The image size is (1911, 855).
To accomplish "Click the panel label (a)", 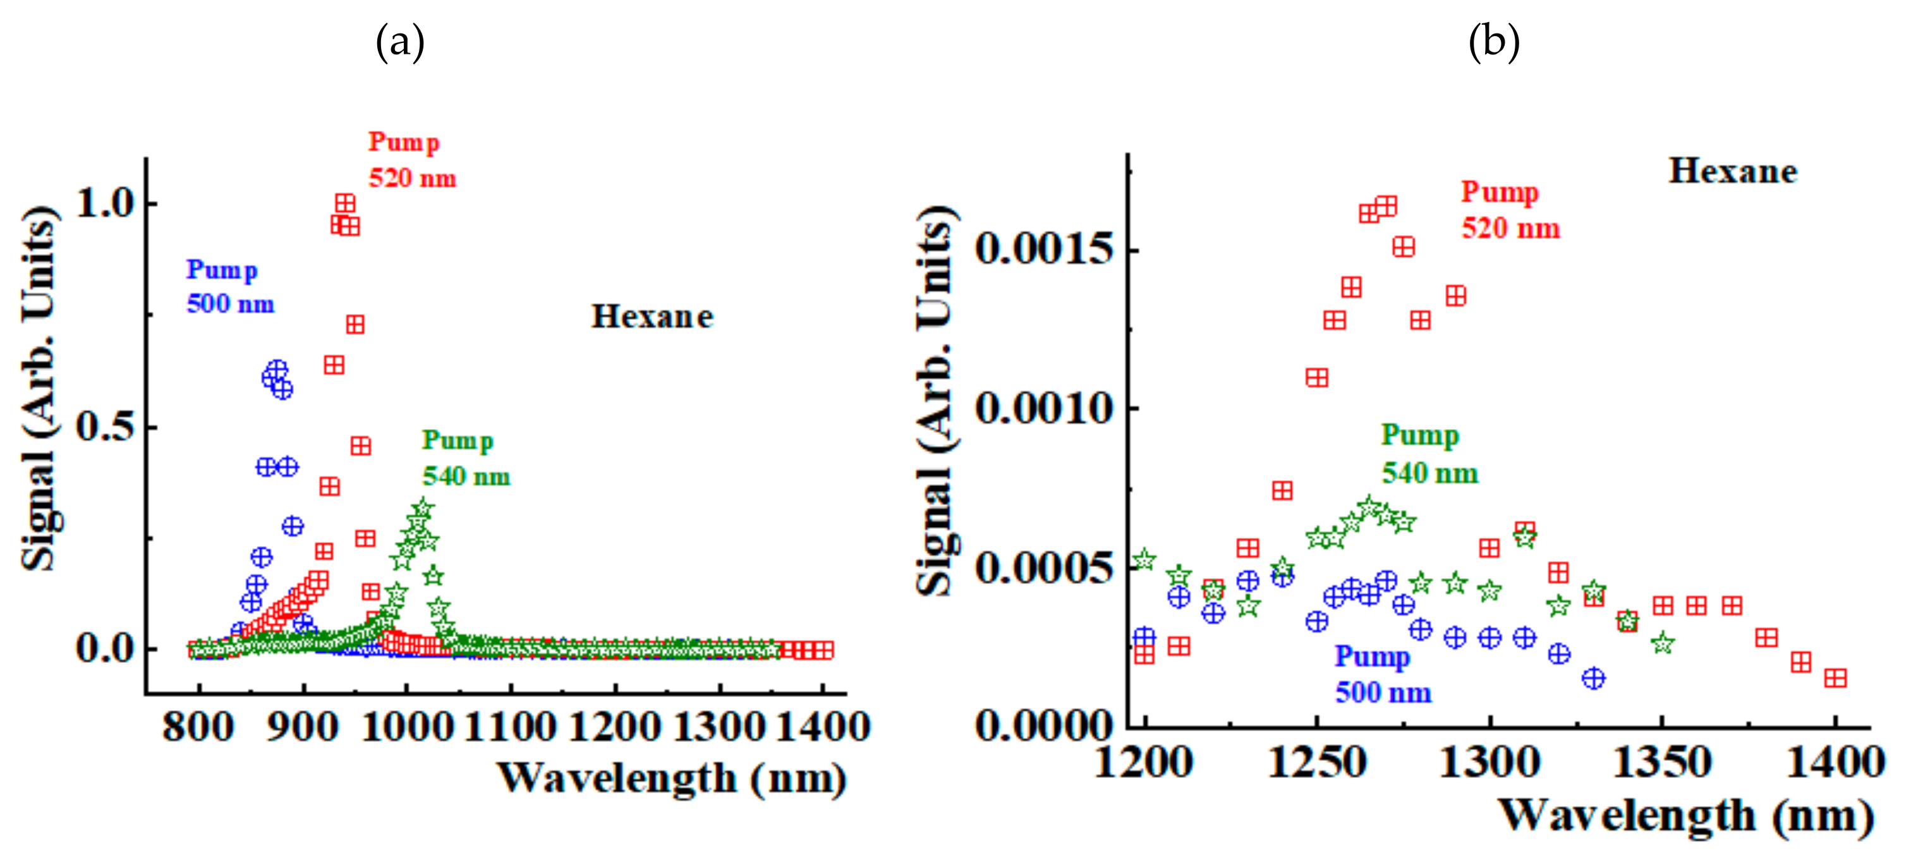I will (x=400, y=42).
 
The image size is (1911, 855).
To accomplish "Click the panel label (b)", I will (x=1493, y=42).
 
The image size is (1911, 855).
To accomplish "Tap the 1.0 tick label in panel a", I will (x=106, y=203).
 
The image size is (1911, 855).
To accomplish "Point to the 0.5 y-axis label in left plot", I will (x=106, y=427).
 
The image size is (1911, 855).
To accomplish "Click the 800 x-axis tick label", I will (x=198, y=727).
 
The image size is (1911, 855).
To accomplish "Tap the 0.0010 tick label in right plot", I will (x=1045, y=409).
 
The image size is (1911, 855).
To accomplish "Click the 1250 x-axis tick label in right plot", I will (x=1317, y=762).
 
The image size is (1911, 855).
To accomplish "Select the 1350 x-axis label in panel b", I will (x=1662, y=762).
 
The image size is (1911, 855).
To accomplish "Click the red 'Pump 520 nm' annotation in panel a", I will (x=412, y=159).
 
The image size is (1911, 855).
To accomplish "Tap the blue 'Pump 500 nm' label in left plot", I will (x=230, y=286).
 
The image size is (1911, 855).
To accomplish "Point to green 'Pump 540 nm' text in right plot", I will (x=1429, y=454).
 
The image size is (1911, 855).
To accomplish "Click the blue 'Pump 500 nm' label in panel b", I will (x=1382, y=675).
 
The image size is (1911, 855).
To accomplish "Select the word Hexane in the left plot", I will (x=652, y=317).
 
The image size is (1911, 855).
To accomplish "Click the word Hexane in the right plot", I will (x=1733, y=171).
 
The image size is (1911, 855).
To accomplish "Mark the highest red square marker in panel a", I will (x=345, y=203).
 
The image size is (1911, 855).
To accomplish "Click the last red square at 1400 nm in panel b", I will (x=1835, y=678).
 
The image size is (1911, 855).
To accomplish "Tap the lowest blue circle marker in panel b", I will (x=1592, y=678).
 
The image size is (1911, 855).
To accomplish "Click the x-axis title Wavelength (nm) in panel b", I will (x=1685, y=816).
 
